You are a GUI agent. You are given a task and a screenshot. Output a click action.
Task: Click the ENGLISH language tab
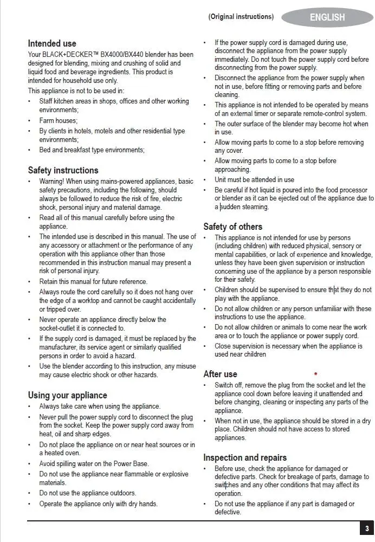(x=327, y=17)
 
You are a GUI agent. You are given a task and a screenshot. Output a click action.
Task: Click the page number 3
(x=367, y=528)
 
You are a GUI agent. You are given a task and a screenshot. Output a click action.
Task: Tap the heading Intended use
(x=52, y=43)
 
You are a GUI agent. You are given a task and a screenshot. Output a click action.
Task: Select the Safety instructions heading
(x=63, y=170)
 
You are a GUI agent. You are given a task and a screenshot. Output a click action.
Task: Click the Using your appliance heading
(x=67, y=395)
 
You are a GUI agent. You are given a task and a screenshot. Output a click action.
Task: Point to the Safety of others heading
(x=232, y=227)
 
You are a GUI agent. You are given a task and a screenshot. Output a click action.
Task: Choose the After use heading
(x=220, y=374)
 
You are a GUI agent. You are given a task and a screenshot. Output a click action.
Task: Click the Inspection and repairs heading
(x=245, y=457)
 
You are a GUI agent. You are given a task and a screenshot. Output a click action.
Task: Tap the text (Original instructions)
(x=241, y=17)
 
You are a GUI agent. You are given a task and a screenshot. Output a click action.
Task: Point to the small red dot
(x=315, y=373)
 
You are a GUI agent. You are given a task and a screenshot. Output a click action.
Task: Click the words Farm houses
(x=58, y=120)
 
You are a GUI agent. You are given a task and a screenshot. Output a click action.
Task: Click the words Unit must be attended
(x=247, y=179)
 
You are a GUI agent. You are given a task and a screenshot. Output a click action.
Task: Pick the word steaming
(x=254, y=207)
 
